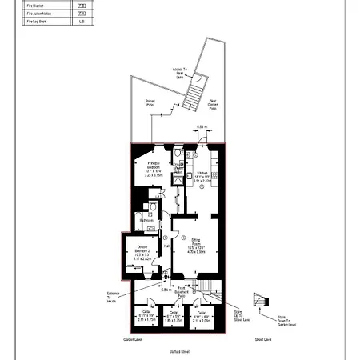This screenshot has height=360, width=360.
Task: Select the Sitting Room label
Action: coord(196,245)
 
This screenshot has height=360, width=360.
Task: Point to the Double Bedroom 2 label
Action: coord(142,252)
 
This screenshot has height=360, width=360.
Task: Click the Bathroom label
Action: coord(146,219)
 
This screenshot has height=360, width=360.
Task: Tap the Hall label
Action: coord(166,246)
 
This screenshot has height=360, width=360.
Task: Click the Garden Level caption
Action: coord(132,339)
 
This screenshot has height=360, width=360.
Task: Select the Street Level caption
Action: coord(262,339)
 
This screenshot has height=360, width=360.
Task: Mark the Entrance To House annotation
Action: coord(113,298)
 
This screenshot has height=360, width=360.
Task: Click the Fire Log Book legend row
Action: coord(48,22)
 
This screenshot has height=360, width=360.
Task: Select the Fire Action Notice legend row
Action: coord(48,14)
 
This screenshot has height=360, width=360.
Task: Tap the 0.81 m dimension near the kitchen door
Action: coord(202,127)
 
